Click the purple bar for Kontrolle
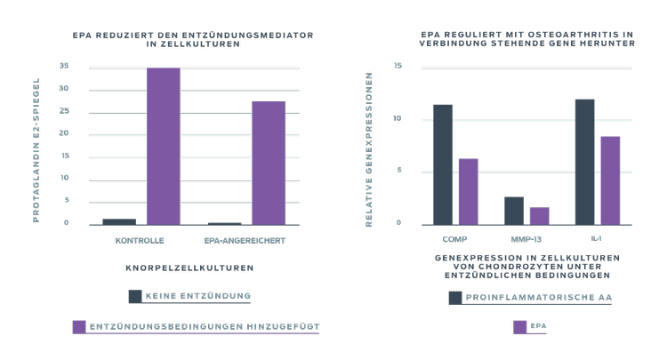tap(164, 146)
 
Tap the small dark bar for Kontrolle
tap(119, 221)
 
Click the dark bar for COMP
tap(443, 164)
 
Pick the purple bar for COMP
tap(468, 191)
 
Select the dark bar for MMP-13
tap(514, 211)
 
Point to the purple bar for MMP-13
tap(539, 216)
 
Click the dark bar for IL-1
tap(584, 162)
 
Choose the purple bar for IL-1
tap(610, 180)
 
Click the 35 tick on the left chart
tap(64, 67)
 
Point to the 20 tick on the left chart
tap(64, 133)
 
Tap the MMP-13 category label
tap(526, 239)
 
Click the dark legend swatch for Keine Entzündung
tap(135, 296)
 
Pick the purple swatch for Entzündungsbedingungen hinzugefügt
tap(78, 326)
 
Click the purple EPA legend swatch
tap(520, 326)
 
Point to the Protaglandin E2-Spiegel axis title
tap(37, 148)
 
